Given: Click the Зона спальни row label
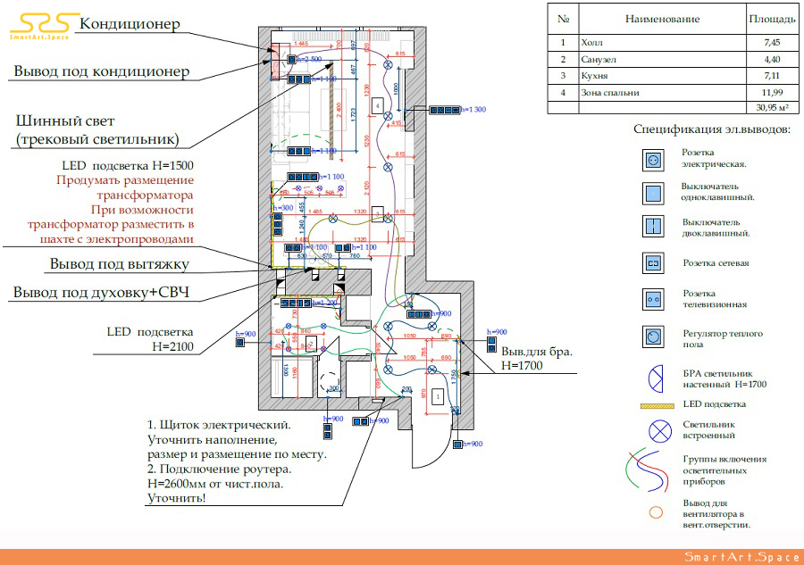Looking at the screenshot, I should [x=611, y=92].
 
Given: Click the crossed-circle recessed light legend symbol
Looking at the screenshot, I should [x=660, y=430].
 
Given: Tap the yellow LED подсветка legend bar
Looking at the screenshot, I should [x=660, y=404].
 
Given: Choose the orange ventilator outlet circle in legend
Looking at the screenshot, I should [x=655, y=513].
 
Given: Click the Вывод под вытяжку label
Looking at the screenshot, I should [x=120, y=264].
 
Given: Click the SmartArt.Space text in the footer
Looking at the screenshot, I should [x=741, y=557].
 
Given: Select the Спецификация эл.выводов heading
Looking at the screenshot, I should [x=712, y=130].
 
